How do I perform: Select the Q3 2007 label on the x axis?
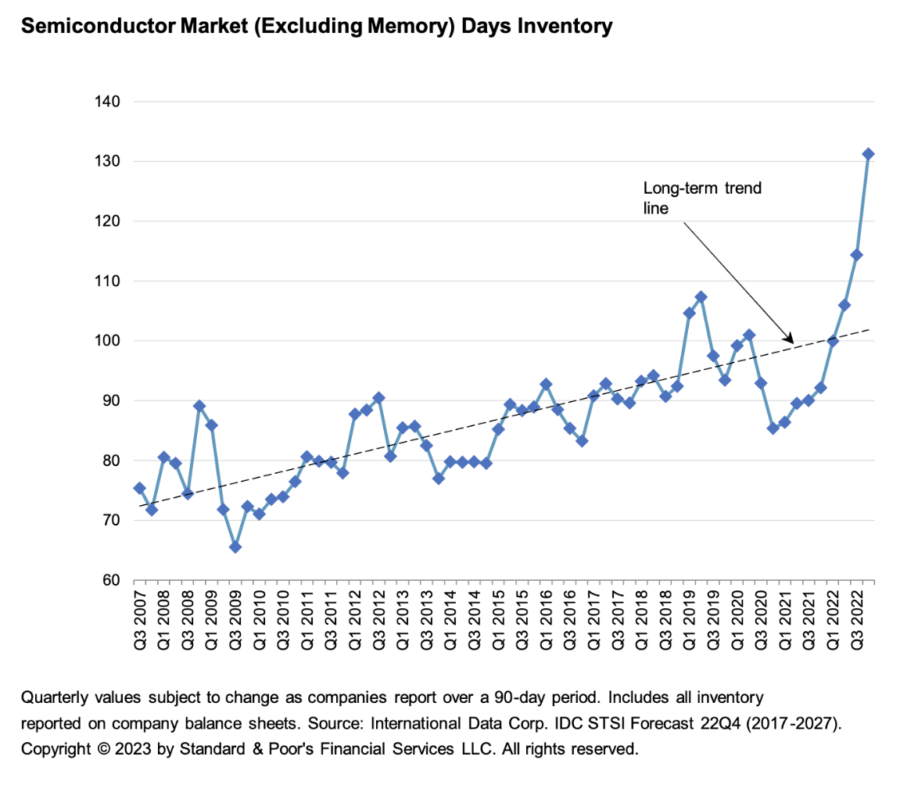pyautogui.click(x=139, y=622)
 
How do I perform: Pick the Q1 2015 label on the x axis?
pyautogui.click(x=498, y=622)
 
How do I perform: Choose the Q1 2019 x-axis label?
pyautogui.click(x=689, y=622)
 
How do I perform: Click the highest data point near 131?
pyautogui.click(x=868, y=154)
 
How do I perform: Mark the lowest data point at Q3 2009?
pyautogui.click(x=235, y=547)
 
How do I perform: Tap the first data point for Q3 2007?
pyautogui.click(x=139, y=488)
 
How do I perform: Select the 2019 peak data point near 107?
pyautogui.click(x=701, y=297)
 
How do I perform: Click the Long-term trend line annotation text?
pyautogui.click(x=701, y=199)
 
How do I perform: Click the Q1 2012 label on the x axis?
pyautogui.click(x=354, y=622)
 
